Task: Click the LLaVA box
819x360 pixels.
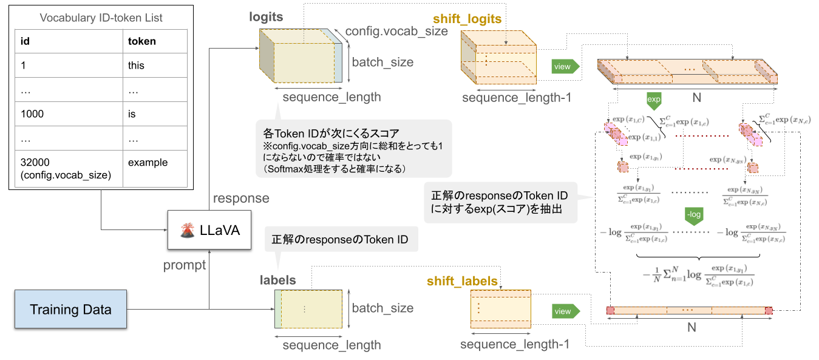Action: [209, 230]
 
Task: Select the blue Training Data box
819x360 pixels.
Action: [70, 310]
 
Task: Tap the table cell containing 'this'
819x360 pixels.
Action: [155, 66]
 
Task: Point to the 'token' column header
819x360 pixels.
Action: [155, 41]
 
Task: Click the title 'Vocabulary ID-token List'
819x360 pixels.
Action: [101, 18]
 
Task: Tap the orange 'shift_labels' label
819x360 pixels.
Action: [462, 281]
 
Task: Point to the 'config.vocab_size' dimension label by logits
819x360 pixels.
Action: [396, 32]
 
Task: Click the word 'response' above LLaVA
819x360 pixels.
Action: [241, 199]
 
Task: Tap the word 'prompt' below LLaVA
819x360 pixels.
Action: [184, 265]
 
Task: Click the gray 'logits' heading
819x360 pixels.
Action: [266, 17]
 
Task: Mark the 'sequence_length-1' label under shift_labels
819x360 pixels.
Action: [514, 345]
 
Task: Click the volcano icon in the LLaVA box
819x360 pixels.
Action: [187, 231]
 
